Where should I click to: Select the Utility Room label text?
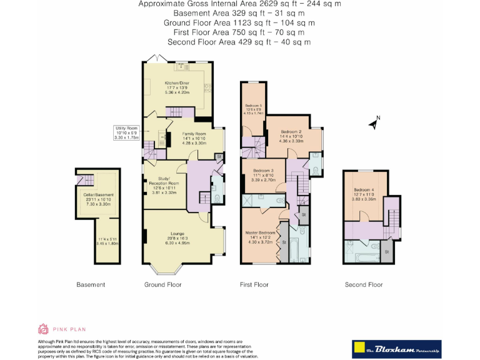point(126,127)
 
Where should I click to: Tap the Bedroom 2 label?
point(291,132)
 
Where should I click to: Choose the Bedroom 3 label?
point(264,171)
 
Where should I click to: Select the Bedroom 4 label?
point(364,190)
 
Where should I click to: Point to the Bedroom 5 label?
point(253,105)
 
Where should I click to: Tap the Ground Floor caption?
point(162,285)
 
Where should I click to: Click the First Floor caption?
point(254,285)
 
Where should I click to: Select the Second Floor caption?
point(364,285)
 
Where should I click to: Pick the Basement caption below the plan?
point(91,285)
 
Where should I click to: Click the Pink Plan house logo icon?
point(44,329)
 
